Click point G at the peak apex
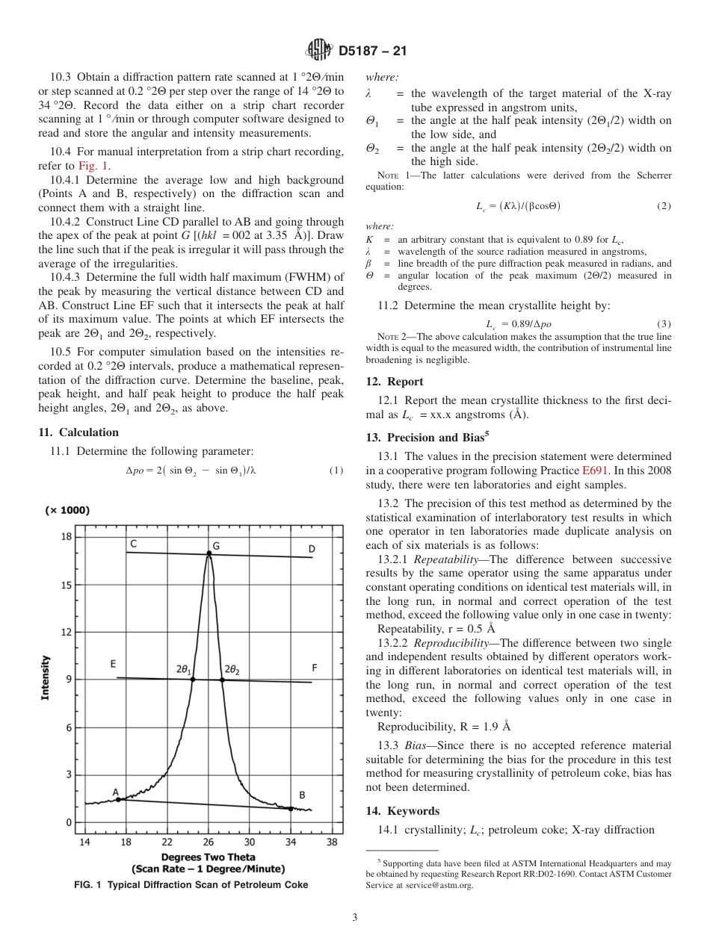[209, 553]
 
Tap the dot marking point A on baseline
[118, 799]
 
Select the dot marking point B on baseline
[291, 808]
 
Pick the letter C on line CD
[132, 544]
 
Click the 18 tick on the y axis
[67, 537]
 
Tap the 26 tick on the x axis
[209, 842]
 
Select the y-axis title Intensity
[46, 677]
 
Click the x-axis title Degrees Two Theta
[208, 857]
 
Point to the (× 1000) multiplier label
[67, 510]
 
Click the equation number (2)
[664, 206]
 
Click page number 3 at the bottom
[355, 917]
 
